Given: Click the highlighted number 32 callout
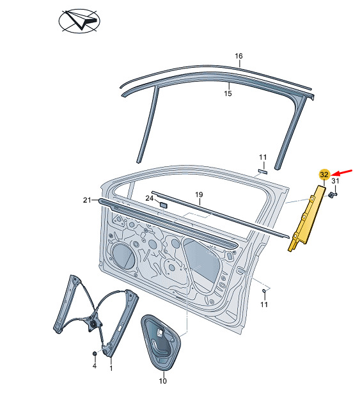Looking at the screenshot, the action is click(324, 175).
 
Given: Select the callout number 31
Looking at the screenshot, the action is click(335, 181).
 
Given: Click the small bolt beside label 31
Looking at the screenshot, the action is click(332, 195).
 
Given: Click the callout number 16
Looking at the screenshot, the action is click(239, 56).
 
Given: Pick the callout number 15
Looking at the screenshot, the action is click(228, 93).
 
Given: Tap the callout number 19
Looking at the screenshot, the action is click(199, 194).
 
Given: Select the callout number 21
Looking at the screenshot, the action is click(87, 200).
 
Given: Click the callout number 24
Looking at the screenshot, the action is click(150, 198).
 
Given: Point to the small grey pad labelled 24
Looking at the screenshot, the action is click(163, 205).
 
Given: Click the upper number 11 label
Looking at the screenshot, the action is click(263, 157).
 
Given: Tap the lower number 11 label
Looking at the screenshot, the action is click(263, 304).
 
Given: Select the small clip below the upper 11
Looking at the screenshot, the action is click(263, 171).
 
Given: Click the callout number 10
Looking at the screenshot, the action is click(162, 381).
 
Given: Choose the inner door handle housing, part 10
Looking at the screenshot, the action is click(161, 342).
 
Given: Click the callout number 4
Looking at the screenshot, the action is click(95, 366).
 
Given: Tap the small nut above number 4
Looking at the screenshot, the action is click(95, 354).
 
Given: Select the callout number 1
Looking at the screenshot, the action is click(111, 368).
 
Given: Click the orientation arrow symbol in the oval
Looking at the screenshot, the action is click(79, 21).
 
